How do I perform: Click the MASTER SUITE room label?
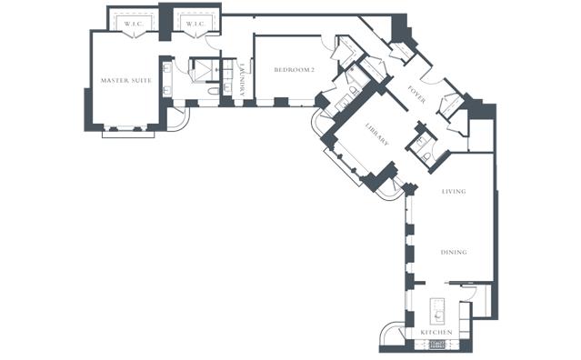click(126, 80)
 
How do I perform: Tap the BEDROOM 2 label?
click(295, 70)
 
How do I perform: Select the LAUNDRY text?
click(242, 80)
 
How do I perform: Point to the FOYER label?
click(416, 95)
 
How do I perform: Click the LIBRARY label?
click(377, 134)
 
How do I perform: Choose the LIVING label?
click(454, 192)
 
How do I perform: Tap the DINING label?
click(454, 252)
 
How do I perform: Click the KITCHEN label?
click(436, 332)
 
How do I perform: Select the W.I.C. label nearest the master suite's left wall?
click(134, 24)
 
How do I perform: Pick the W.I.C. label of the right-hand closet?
click(195, 24)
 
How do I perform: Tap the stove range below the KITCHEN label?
click(437, 345)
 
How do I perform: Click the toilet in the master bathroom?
click(214, 91)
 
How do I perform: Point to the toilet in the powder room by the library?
click(426, 157)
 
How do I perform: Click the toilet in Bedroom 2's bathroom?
click(354, 91)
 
